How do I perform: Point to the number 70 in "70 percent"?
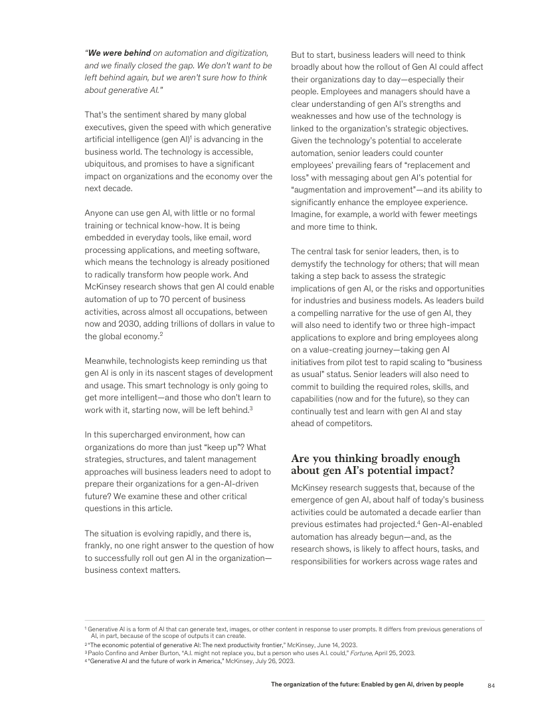coord(175,299)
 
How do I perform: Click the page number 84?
coord(492,684)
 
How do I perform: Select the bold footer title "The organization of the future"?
coord(326,684)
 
